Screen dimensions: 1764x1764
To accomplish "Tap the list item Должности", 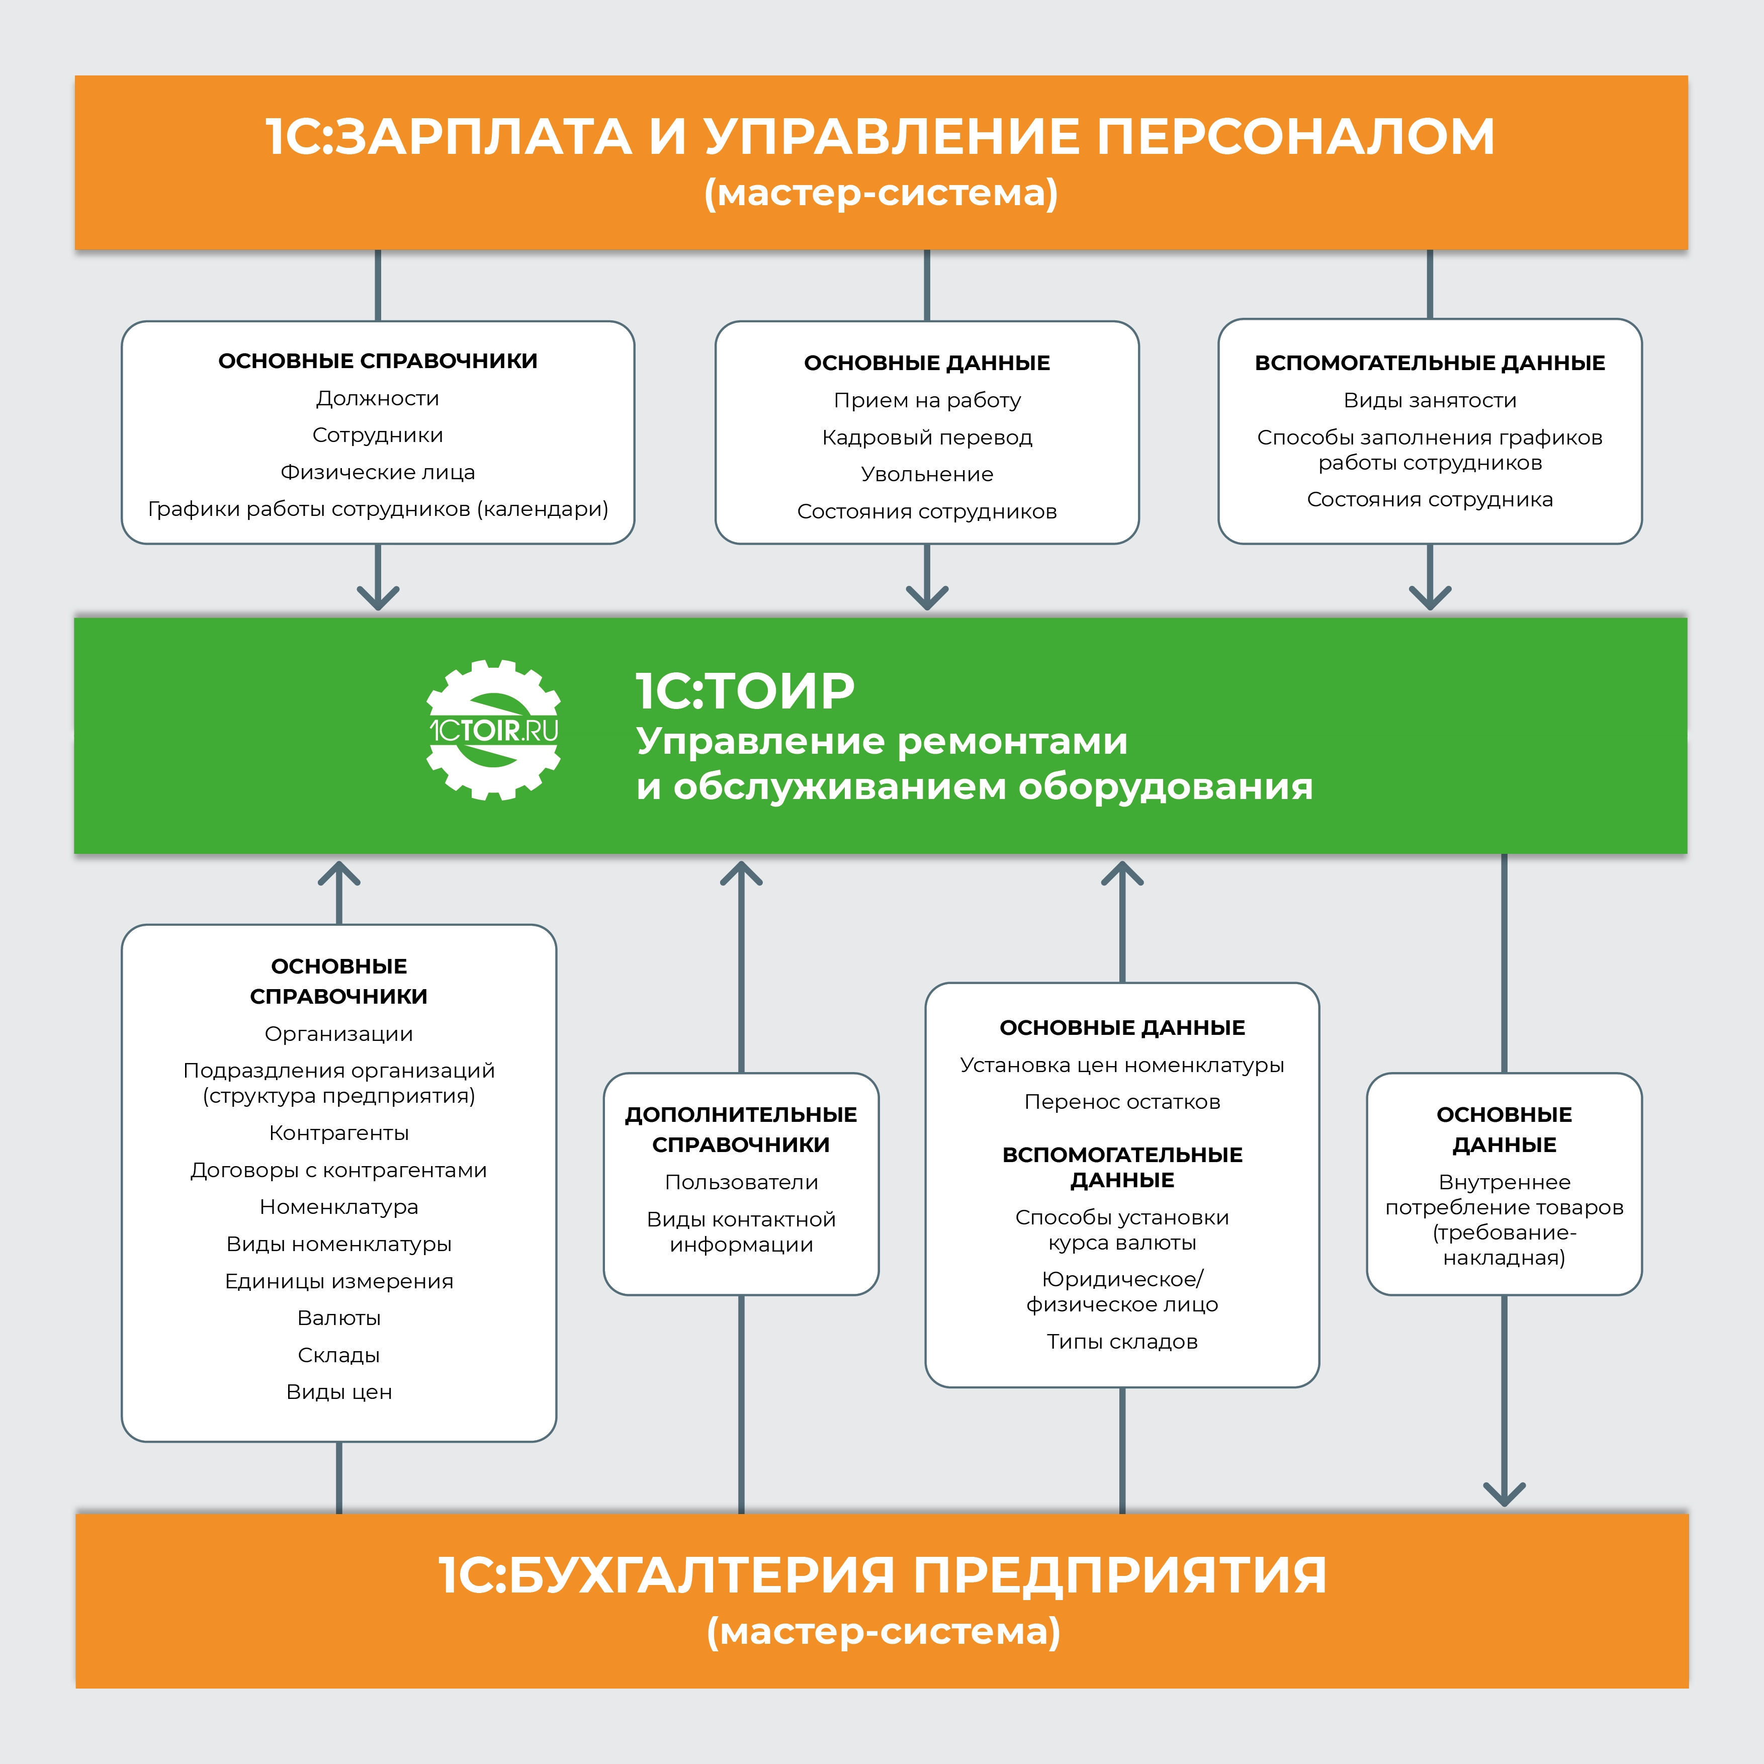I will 377,398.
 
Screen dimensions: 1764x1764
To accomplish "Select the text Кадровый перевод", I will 927,437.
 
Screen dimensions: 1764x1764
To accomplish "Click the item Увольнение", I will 927,474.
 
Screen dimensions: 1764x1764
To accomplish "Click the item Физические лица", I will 377,472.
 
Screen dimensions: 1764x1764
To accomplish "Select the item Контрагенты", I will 339,1133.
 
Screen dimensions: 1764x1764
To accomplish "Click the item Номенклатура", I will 339,1207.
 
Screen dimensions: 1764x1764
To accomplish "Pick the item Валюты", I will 339,1317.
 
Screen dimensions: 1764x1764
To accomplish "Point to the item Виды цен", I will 339,1391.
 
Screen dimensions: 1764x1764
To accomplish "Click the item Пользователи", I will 741,1182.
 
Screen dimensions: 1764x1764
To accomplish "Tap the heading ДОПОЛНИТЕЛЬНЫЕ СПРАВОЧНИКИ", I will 741,1129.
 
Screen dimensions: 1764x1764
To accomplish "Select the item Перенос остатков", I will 1122,1102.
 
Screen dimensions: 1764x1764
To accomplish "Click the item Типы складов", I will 1122,1341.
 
